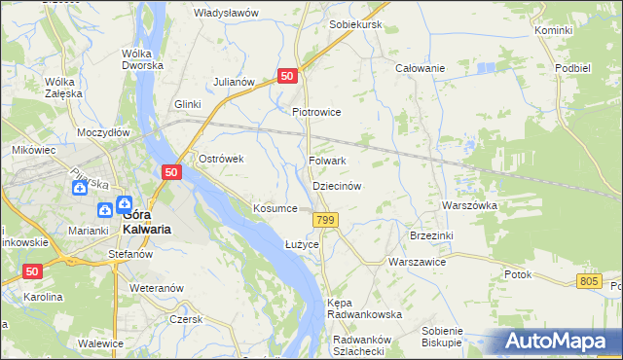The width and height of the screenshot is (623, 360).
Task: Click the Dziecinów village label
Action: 337,185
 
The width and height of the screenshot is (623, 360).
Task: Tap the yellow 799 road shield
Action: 326,221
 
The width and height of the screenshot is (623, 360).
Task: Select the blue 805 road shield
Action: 586,281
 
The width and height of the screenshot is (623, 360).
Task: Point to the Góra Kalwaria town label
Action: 133,222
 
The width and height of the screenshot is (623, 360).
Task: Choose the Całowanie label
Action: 419,68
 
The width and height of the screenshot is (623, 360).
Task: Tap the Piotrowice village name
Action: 316,112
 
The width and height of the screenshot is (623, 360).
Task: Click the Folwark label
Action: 327,161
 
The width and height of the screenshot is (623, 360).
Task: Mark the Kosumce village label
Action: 275,208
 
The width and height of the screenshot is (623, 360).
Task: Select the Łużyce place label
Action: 302,244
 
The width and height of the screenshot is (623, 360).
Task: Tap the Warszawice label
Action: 417,263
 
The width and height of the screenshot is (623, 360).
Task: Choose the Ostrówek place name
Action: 220,159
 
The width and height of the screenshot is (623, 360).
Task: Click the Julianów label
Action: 235,82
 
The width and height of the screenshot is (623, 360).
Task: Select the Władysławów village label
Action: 226,13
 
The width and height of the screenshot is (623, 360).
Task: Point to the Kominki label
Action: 553,31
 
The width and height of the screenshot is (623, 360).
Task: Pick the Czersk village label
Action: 185,319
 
